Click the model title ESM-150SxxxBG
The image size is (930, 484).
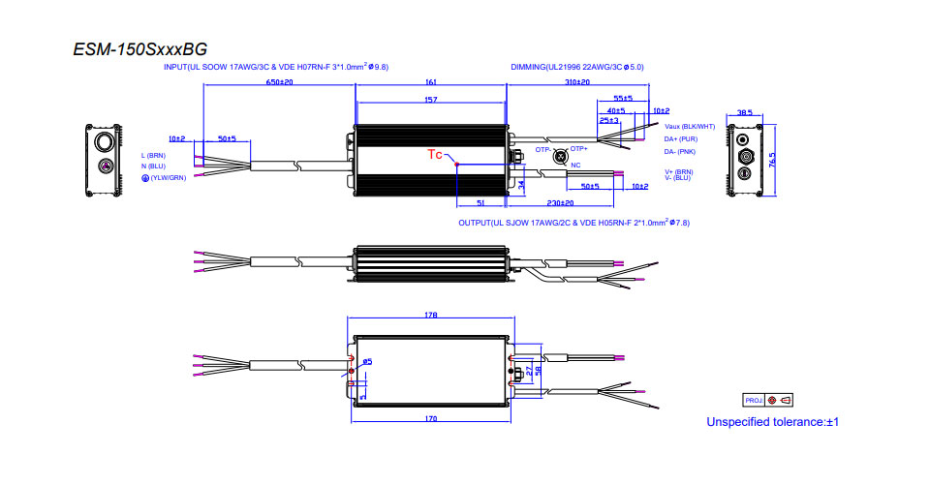[139, 49]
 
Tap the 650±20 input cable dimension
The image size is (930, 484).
[279, 82]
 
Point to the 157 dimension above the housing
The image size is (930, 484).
[431, 99]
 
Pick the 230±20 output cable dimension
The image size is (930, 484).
[559, 203]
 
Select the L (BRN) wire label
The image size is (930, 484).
[155, 155]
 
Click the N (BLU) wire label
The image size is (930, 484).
[154, 166]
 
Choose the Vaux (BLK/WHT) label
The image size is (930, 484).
[690, 126]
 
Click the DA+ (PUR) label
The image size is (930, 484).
[681, 138]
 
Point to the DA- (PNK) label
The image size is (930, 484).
[680, 151]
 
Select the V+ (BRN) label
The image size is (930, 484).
[679, 171]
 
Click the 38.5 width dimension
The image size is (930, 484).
[745, 112]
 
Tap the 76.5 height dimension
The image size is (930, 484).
[772, 158]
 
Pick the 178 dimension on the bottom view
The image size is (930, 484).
[431, 315]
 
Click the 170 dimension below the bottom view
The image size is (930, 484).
[431, 418]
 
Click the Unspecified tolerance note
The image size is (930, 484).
[771, 422]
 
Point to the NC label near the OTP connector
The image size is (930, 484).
[575, 166]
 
